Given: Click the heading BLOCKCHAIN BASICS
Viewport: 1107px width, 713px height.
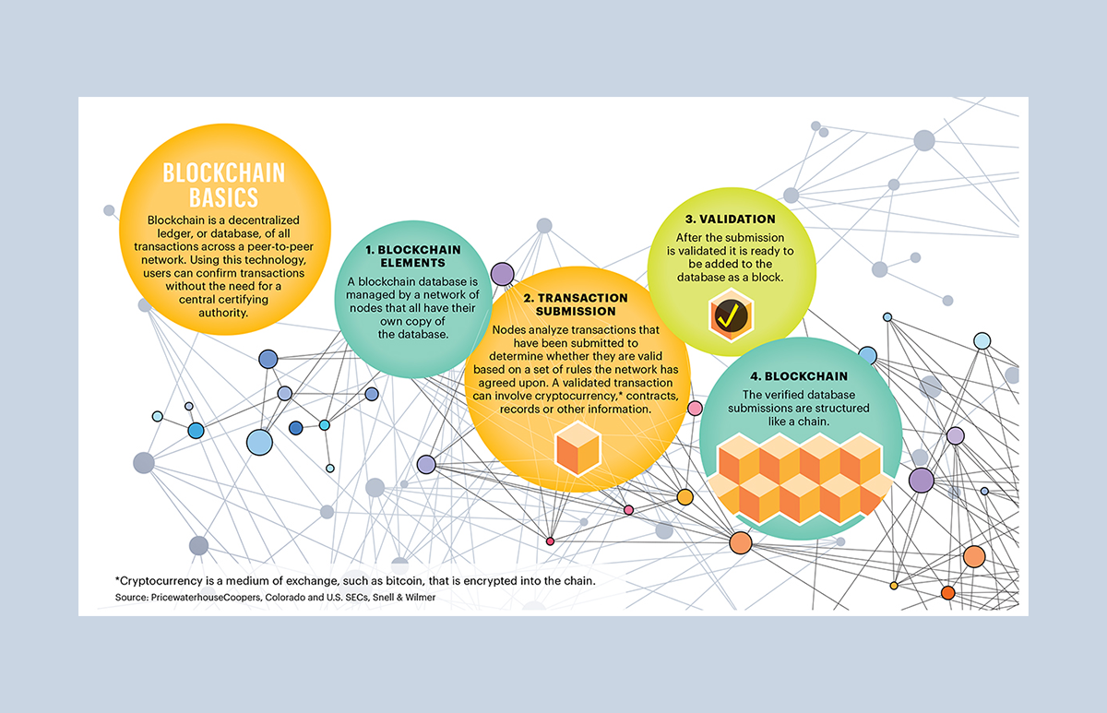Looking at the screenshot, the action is (x=210, y=184).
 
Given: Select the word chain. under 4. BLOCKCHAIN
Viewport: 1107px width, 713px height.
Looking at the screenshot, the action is (x=815, y=421).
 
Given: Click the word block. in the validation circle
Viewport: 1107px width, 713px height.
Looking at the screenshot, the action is (x=762, y=277).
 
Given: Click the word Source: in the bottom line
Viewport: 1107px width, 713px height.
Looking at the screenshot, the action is (x=132, y=599).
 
